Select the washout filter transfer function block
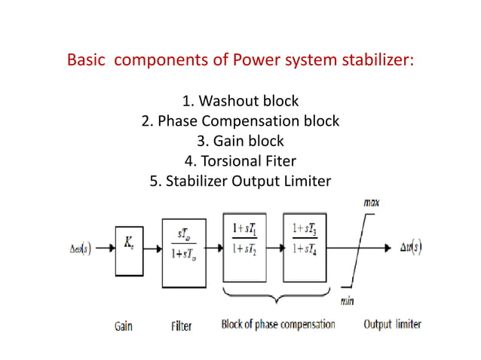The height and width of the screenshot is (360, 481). click(x=183, y=253)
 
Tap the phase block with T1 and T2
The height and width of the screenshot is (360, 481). click(x=244, y=247)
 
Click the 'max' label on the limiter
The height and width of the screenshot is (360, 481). click(x=371, y=203)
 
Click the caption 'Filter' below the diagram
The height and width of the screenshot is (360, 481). click(x=181, y=325)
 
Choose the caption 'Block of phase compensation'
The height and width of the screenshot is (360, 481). click(x=277, y=325)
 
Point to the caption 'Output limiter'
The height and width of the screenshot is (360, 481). click(x=393, y=325)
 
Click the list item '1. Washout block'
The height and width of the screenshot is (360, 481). click(x=240, y=100)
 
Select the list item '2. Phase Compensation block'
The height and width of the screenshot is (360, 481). click(x=240, y=121)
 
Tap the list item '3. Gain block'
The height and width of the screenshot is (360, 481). click(x=240, y=140)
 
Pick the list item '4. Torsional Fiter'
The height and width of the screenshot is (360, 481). click(x=240, y=160)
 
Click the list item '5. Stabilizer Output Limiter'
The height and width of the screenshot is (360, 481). click(x=240, y=181)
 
